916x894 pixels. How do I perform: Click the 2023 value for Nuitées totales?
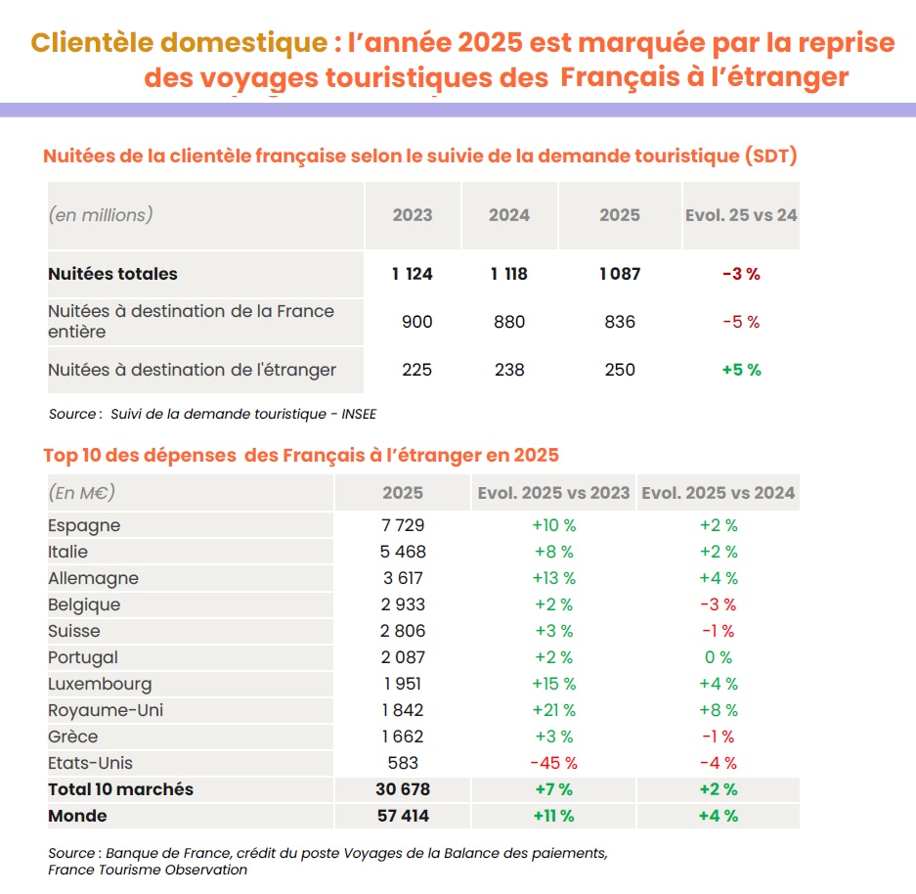pyautogui.click(x=413, y=274)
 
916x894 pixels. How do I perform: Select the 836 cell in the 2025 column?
pyautogui.click(x=620, y=322)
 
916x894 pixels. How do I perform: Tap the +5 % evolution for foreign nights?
pyautogui.click(x=741, y=370)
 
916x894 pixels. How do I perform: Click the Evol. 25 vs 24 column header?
pyautogui.click(x=741, y=215)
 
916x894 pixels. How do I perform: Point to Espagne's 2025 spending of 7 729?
pyautogui.click(x=403, y=524)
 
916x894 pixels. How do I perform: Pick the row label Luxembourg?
pyautogui.click(x=100, y=684)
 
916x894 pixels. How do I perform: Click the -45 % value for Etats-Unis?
pyautogui.click(x=554, y=763)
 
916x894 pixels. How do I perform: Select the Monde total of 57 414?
pyautogui.click(x=403, y=816)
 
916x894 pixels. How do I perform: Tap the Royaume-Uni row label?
pyautogui.click(x=106, y=710)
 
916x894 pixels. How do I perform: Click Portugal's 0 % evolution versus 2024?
pyautogui.click(x=718, y=657)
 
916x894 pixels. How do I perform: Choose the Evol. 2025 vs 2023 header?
pyautogui.click(x=554, y=493)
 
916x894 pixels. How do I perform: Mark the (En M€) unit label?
pyautogui.click(x=82, y=493)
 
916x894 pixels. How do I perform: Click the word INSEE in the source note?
pyautogui.click(x=359, y=414)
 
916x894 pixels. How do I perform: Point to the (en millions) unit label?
pyautogui.click(x=101, y=215)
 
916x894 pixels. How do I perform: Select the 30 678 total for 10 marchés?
pyautogui.click(x=403, y=789)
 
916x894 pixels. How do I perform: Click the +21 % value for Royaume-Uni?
pyautogui.click(x=554, y=710)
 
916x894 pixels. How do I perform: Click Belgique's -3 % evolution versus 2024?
pyautogui.click(x=718, y=604)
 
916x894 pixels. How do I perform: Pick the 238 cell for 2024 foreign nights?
pyautogui.click(x=509, y=370)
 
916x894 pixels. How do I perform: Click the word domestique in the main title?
pyautogui.click(x=243, y=43)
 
